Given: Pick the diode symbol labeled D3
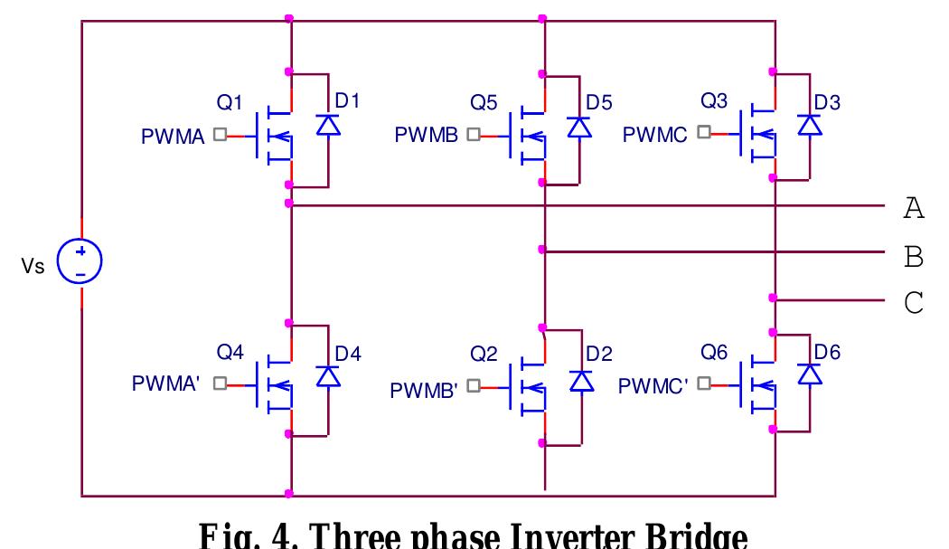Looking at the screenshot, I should click(x=810, y=128).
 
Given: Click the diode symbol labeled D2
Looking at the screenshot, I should click(x=578, y=382).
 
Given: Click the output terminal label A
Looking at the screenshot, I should click(x=914, y=210).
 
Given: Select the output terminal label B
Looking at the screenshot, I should click(x=914, y=258).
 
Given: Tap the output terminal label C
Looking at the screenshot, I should click(x=914, y=302).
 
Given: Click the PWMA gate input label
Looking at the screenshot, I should click(x=174, y=137).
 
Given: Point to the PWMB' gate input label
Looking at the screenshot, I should click(x=425, y=391).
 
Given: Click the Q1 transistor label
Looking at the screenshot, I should click(x=230, y=104).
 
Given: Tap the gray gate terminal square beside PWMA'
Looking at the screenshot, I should click(x=219, y=383).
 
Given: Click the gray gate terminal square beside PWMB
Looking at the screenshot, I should click(x=473, y=135).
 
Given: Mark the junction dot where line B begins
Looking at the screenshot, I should click(x=541, y=249).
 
